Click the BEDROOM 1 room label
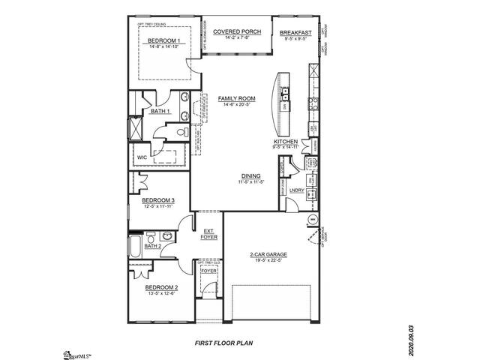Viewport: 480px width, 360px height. click(163, 40)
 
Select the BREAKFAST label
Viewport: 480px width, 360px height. click(295, 33)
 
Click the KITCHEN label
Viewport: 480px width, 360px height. click(286, 142)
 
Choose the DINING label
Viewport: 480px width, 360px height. click(250, 175)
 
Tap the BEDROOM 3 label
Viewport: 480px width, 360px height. click(158, 200)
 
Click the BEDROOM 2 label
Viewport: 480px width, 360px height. click(161, 288)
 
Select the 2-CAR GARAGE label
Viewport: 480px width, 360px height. click(268, 254)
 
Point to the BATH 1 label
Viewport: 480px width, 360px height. click(160, 112)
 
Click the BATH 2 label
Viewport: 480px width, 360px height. click(153, 245)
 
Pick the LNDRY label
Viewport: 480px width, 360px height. click(295, 190)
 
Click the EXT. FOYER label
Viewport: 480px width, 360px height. click(208, 233)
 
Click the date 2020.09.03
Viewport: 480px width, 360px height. click(410, 340)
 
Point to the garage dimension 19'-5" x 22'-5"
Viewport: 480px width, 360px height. click(268, 261)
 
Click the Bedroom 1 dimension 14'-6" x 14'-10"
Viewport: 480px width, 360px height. click(163, 47)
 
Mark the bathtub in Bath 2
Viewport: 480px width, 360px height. click(134, 245)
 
